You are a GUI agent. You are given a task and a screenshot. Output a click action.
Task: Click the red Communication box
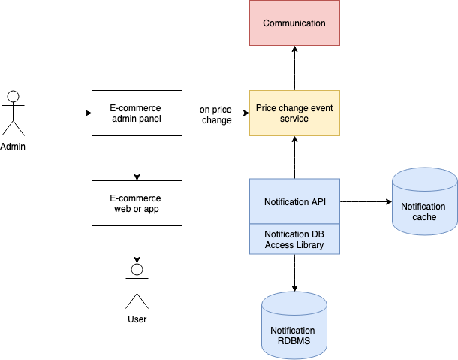coord(294,23)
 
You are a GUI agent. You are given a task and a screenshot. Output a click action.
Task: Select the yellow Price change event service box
coord(294,113)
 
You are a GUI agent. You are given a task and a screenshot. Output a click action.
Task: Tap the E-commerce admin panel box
coord(136,113)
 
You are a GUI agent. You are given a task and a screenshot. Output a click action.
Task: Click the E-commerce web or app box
coord(136,203)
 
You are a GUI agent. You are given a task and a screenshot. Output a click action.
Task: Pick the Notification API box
coord(294,201)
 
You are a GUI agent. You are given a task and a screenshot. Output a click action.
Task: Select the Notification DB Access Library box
coord(294,240)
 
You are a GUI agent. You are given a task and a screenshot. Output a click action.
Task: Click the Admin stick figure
coord(13,113)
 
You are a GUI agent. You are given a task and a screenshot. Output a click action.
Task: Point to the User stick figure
coord(137,286)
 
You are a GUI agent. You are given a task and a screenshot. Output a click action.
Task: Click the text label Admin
coord(13,146)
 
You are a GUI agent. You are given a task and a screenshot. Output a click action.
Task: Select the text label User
coord(137,319)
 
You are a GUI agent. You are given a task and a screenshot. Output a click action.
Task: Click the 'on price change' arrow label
coord(215,114)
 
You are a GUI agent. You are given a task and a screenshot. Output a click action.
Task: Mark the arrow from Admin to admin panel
coord(53,113)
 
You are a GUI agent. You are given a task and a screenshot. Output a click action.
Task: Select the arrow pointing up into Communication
coord(294,68)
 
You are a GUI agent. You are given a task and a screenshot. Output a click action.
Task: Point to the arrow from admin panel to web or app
coord(136,158)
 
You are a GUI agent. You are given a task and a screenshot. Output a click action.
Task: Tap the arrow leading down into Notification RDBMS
coord(294,274)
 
